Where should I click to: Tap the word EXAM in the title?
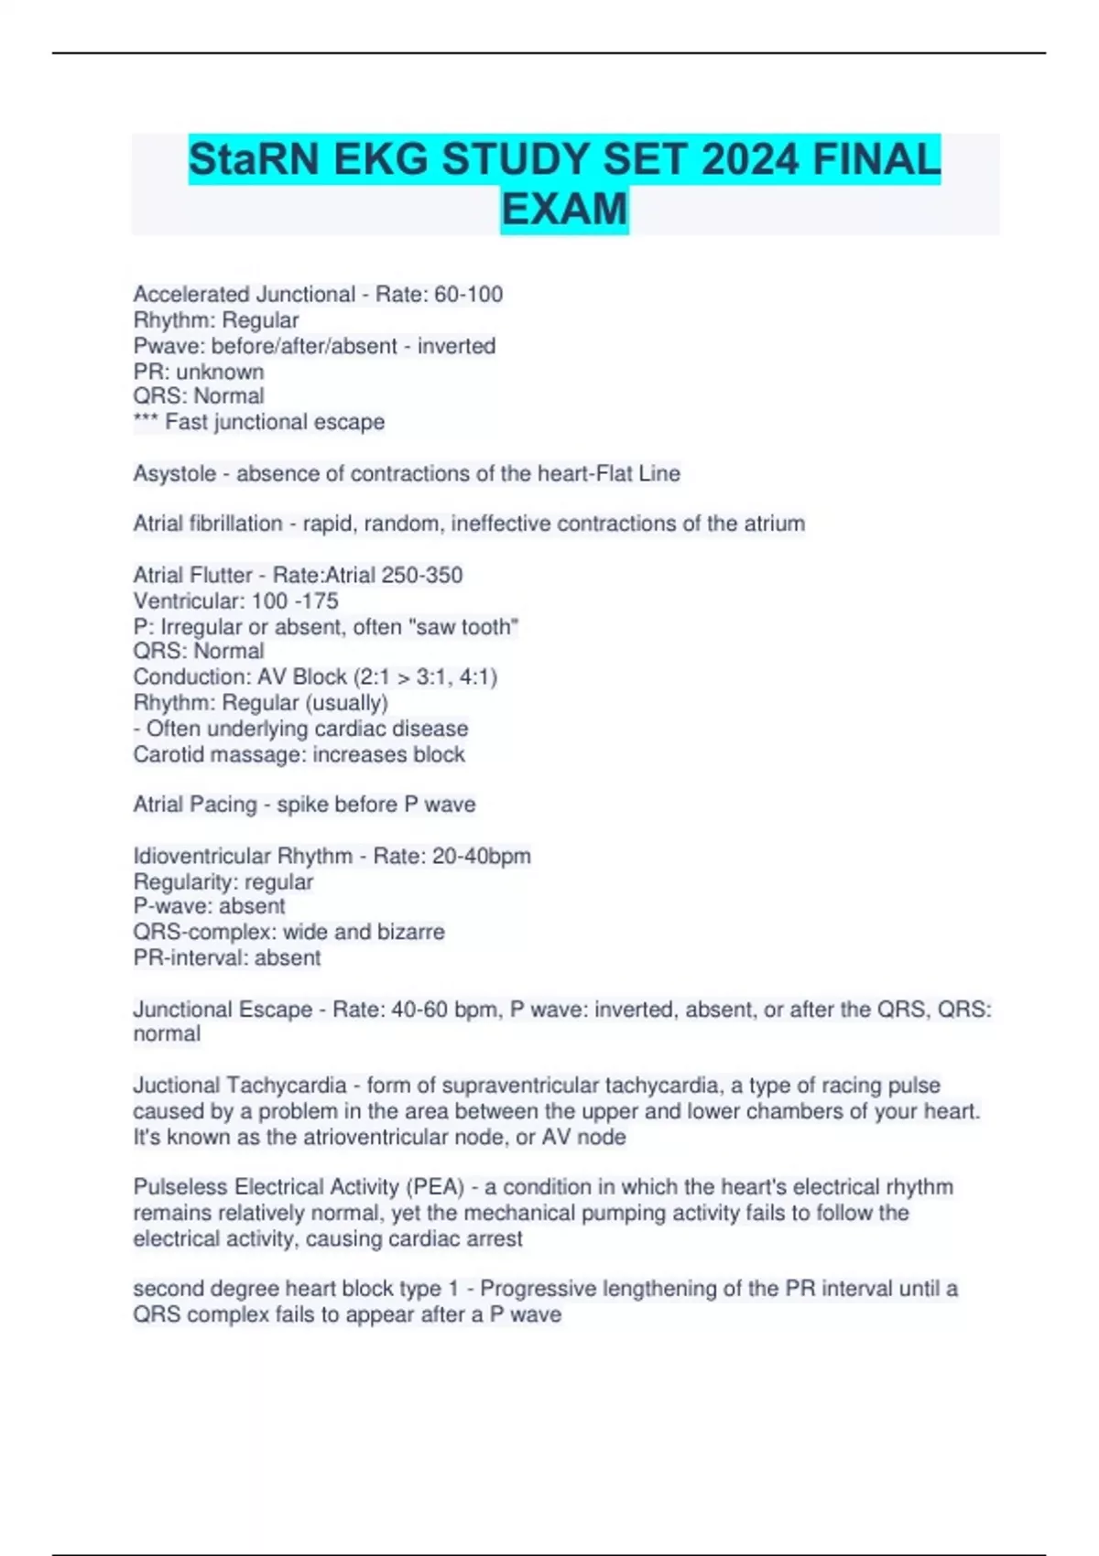pos(564,210)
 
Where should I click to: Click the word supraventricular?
pos(583,1086)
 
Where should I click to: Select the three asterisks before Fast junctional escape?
pos(146,422)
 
